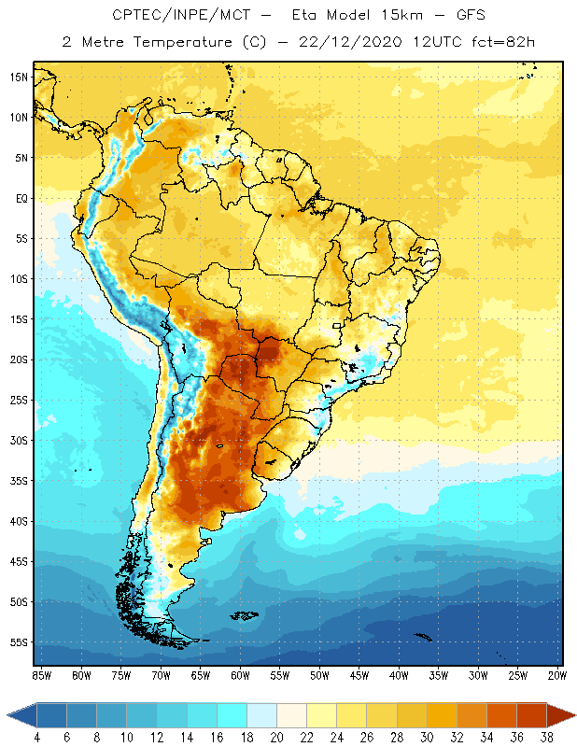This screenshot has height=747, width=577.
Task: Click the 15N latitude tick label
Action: (19, 77)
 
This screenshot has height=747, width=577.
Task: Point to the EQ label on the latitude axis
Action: (20, 198)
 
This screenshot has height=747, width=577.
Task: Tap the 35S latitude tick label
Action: (19, 481)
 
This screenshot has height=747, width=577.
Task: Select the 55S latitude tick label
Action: (19, 642)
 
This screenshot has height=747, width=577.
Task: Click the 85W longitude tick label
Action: (41, 675)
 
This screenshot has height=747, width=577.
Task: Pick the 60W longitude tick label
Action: (241, 675)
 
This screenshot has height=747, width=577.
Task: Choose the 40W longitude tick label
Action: (400, 675)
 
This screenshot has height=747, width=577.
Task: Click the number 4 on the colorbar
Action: (37, 737)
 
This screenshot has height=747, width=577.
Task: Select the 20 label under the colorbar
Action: (276, 737)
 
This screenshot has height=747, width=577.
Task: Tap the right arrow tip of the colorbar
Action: (573, 715)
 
